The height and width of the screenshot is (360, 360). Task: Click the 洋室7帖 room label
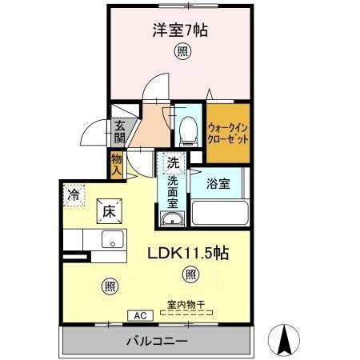[181, 31]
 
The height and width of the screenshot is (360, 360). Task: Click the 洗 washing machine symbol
[173, 162]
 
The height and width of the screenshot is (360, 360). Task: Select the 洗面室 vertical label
[172, 192]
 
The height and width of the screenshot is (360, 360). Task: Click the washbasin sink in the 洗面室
[172, 218]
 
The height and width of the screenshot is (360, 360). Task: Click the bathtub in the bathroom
[219, 214]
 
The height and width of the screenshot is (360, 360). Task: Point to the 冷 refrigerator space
[74, 194]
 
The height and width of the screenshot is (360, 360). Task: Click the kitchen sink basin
[111, 240]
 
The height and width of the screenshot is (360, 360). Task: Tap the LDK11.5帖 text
[189, 254]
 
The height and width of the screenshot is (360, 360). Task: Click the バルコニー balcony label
[157, 342]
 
